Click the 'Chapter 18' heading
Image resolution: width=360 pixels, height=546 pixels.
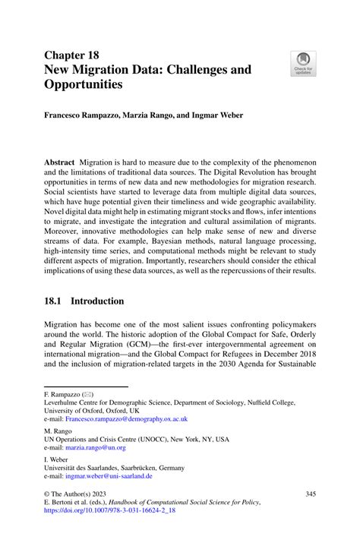pos(74,55)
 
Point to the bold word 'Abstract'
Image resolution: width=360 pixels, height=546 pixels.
pos(64,165)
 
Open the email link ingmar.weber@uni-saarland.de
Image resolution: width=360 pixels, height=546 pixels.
pos(109,477)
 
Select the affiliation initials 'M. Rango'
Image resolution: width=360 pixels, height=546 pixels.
pos(59,430)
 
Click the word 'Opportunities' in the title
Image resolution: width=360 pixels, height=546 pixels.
pos(84,84)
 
